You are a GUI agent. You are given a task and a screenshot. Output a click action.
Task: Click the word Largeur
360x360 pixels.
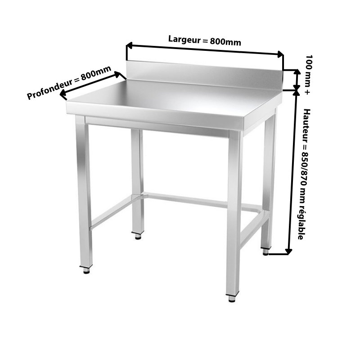pyautogui.click(x=184, y=40)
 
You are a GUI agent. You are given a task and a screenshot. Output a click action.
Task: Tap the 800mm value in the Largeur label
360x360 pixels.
pyautogui.click(x=225, y=42)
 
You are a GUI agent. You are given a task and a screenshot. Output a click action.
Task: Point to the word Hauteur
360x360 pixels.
pyautogui.click(x=306, y=125)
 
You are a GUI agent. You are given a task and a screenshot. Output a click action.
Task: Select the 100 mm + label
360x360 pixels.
pyautogui.click(x=308, y=75)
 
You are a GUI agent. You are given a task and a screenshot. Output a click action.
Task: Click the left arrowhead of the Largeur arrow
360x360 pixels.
pyautogui.click(x=129, y=45)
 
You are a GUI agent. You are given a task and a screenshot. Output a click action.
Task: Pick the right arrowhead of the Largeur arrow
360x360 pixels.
pyautogui.click(x=280, y=54)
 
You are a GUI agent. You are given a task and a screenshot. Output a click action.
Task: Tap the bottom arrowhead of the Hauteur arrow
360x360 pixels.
pyautogui.click(x=288, y=252)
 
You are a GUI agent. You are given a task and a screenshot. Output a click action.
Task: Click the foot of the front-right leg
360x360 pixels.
pyautogui.click(x=232, y=298)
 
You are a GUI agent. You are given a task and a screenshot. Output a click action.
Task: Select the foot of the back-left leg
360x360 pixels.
pyautogui.click(x=138, y=235)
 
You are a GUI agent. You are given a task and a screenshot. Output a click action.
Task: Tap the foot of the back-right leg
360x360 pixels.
pyautogui.click(x=265, y=251)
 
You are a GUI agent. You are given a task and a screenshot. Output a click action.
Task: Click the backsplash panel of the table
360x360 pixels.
pyautogui.click(x=204, y=74)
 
